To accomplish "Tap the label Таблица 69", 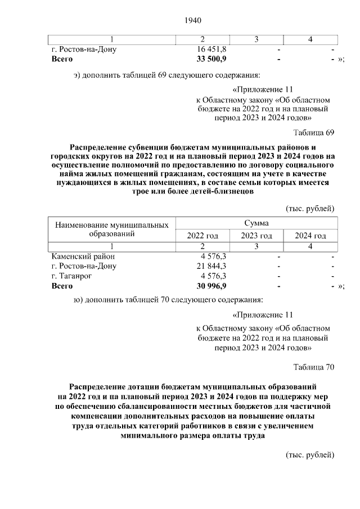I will (314, 133).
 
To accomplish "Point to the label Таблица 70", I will (314, 367).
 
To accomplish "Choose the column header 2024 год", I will (310, 236).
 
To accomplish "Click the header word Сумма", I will (256, 223).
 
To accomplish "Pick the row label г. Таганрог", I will (71, 276).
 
